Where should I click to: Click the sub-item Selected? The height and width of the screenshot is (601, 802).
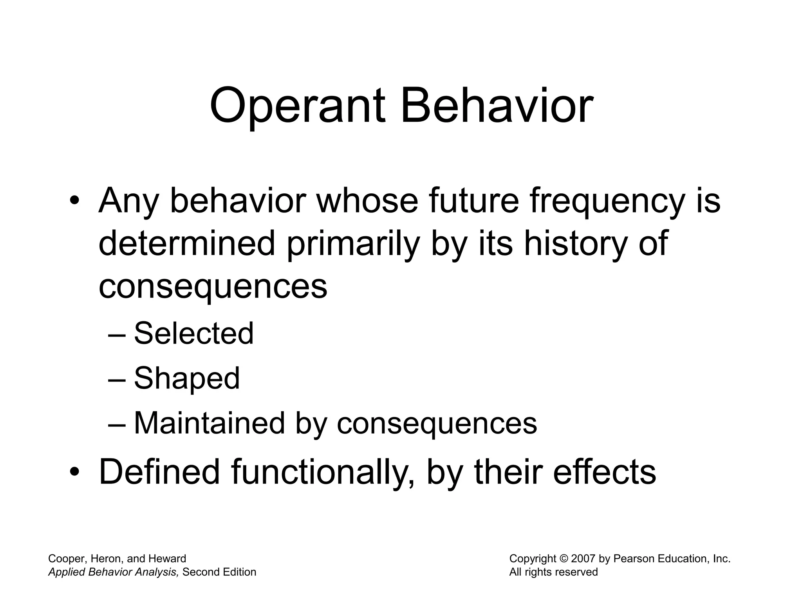(193, 333)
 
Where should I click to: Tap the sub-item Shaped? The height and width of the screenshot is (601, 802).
(186, 379)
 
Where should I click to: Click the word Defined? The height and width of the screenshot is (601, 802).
(159, 472)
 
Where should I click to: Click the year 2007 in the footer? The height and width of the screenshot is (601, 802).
(583, 559)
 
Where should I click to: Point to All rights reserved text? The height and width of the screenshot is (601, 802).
(553, 572)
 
